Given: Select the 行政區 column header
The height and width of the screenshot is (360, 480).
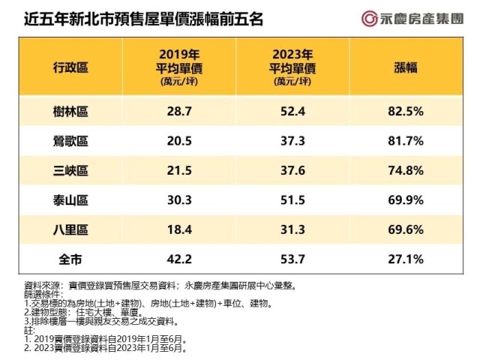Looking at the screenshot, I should pos(71,67).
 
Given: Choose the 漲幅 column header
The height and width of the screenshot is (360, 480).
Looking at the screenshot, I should pos(406,67).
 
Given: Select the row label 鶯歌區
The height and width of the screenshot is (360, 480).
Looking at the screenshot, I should pos(71,141).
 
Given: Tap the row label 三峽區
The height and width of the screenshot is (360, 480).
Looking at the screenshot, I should pos(71,171).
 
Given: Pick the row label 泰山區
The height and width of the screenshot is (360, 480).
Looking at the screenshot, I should pos(71,200).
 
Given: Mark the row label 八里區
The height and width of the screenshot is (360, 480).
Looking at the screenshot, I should pos(71,229).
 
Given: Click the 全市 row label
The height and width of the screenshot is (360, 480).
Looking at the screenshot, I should pos(71,259).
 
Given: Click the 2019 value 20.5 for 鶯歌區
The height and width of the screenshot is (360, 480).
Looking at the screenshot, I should pos(179,141).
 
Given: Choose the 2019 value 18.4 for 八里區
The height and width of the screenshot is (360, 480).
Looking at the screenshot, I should pos(179,229).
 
